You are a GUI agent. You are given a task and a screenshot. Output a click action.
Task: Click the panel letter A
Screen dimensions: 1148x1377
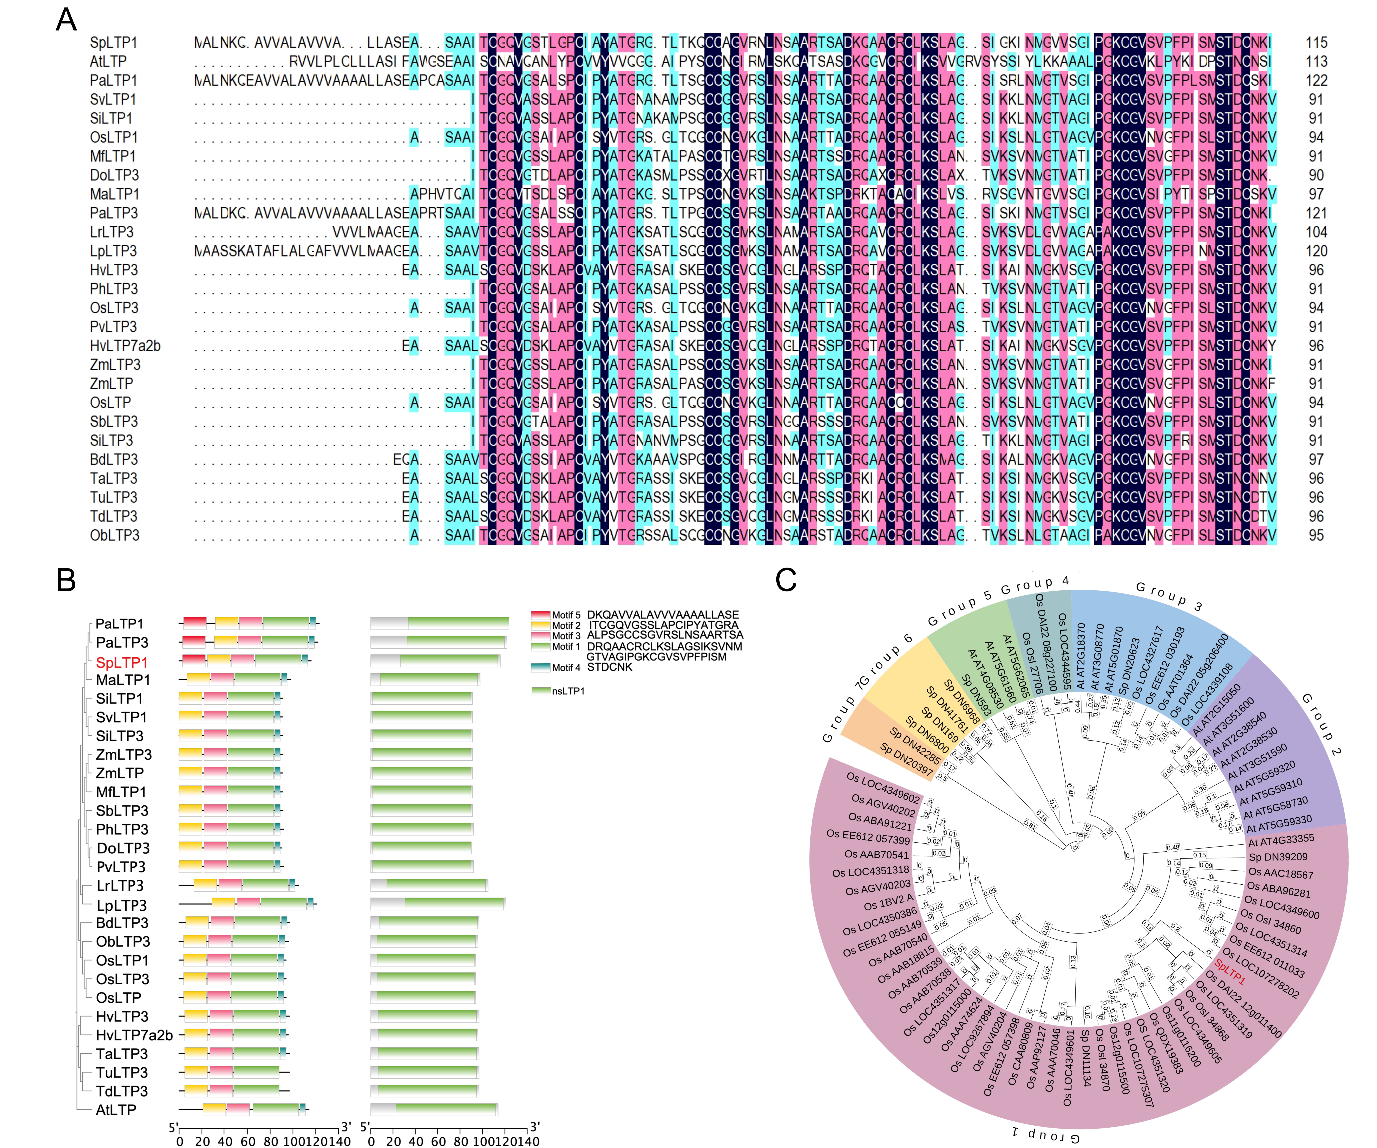[x=66, y=20]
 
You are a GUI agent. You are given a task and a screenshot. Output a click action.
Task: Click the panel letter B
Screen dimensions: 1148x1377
[x=66, y=580]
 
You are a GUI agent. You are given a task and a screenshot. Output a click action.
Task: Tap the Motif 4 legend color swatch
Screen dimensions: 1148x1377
[x=540, y=667]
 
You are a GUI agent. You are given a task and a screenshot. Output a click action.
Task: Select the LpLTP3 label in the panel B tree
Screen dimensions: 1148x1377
[x=121, y=905]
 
